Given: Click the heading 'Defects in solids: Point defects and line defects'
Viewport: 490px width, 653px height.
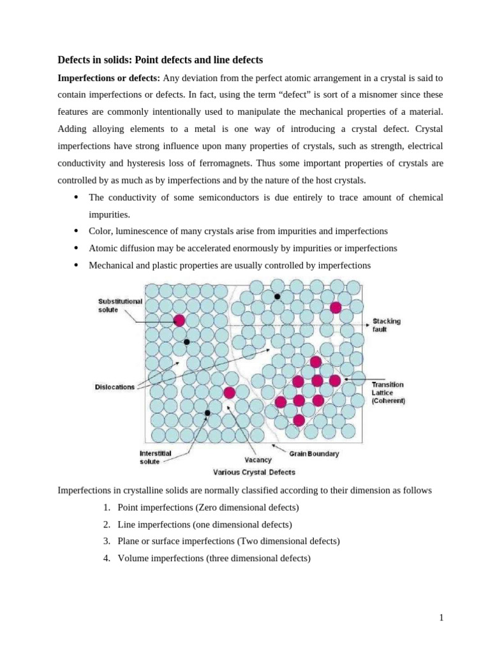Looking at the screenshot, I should (160, 60).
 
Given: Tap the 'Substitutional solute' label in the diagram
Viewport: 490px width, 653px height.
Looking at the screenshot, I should (120, 305).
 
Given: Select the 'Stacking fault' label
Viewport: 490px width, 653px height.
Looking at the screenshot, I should (387, 325).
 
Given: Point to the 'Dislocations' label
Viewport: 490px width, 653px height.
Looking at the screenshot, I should (115, 387).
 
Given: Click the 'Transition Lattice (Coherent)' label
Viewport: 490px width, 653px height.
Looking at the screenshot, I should (388, 393).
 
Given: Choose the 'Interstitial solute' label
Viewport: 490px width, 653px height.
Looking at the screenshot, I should (155, 457).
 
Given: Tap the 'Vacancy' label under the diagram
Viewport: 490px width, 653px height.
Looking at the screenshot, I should (258, 460).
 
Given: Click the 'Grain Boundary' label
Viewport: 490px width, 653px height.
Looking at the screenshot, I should (314, 454).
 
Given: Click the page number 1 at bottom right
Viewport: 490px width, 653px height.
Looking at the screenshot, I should (441, 617).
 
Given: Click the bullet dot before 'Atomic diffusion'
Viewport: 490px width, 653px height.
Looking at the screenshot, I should (76, 248).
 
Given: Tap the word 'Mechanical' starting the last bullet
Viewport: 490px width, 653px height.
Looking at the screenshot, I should (111, 265).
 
